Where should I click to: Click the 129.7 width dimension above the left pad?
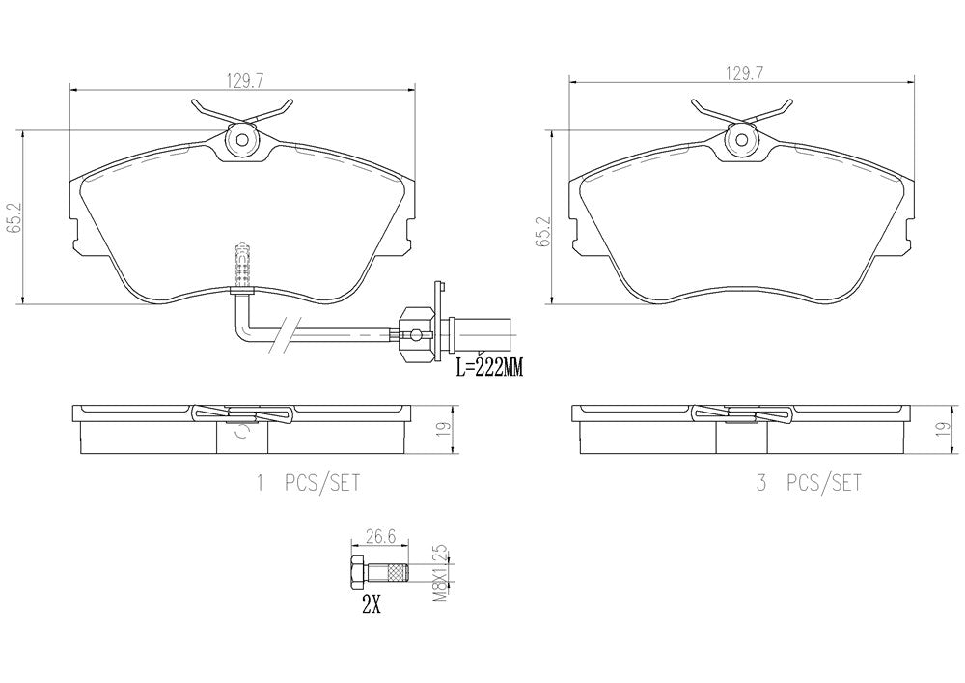coord(243,81)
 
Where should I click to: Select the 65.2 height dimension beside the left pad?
coord(11,216)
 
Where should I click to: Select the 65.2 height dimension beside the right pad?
coord(541,232)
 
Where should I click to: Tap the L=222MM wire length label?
coord(488,370)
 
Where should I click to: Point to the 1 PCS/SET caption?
coord(308,483)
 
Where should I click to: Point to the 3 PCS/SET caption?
coord(810,483)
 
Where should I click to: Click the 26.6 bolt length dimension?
coord(379,536)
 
